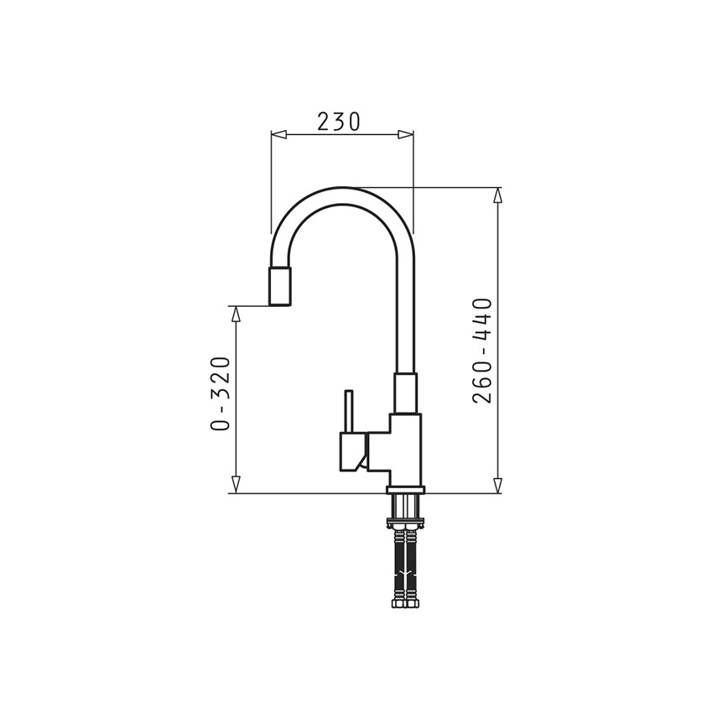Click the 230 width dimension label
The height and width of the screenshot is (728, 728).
click(339, 122)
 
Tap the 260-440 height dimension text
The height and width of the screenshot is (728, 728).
click(483, 351)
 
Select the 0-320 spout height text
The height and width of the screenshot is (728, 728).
click(221, 393)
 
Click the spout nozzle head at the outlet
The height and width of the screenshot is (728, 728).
click(281, 286)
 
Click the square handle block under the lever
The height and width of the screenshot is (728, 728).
click(351, 451)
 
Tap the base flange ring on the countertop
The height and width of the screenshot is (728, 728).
click(405, 490)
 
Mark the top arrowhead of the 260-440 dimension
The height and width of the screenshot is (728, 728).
click(497, 195)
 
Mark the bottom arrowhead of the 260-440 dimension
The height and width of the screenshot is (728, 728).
click(497, 486)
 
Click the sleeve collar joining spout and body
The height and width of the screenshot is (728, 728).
click(406, 393)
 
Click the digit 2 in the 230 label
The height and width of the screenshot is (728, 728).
click(324, 122)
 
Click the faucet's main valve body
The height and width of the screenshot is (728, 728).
click(406, 449)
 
